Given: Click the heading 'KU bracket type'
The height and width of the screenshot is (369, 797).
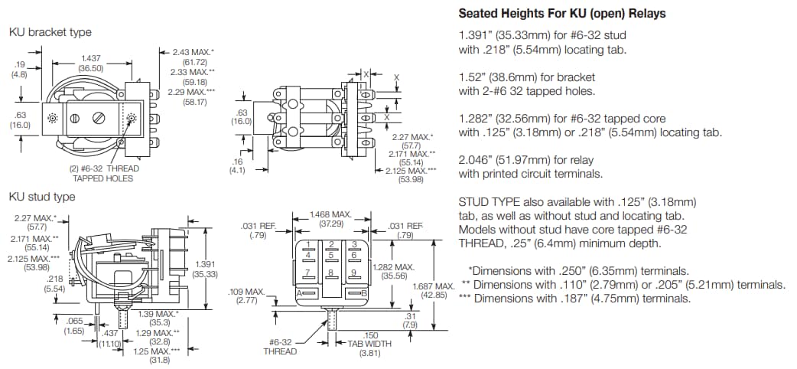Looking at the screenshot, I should tap(50, 32).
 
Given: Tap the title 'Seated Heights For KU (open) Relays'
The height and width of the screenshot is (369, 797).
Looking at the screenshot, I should tap(561, 13).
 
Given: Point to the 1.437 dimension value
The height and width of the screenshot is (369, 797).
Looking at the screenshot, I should tap(92, 58).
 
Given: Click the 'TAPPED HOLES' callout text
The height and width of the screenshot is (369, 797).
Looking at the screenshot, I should tap(102, 178).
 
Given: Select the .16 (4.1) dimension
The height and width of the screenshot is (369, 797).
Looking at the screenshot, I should tap(237, 162).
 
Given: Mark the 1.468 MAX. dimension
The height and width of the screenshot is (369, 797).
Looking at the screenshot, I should tap(330, 214).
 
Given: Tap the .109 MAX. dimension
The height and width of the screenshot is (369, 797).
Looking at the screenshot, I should tap(246, 292).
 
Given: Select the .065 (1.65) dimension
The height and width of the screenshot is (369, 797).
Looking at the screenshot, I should tap(73, 320).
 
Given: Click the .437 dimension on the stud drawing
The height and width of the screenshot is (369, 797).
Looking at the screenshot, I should tap(110, 333).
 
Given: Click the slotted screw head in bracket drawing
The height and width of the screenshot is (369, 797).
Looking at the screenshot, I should tap(98, 119).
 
